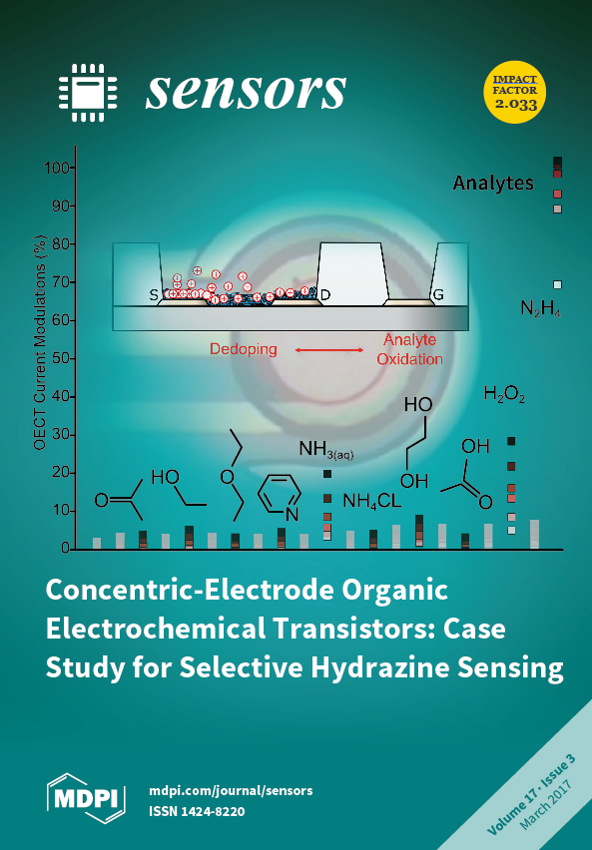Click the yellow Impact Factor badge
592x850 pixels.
tap(514, 92)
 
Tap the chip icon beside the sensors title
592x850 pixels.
tap(88, 93)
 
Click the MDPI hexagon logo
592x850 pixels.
tap(86, 798)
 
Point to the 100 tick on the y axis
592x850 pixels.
tap(57, 168)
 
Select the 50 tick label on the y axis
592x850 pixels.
tap(60, 358)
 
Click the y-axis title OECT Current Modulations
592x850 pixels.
tap(40, 342)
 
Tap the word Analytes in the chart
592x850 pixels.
tap(493, 184)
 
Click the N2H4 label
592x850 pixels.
tap(540, 309)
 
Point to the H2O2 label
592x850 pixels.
tap(504, 394)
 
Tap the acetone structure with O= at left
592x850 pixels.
tap(119, 500)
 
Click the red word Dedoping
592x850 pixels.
tap(244, 349)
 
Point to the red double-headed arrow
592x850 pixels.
tap(329, 350)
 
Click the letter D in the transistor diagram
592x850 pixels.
tap(325, 295)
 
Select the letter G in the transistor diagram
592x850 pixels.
tap(438, 295)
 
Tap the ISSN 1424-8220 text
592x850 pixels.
tap(197, 811)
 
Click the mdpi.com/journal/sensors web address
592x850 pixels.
tap(231, 791)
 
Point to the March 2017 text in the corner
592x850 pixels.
tap(545, 804)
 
